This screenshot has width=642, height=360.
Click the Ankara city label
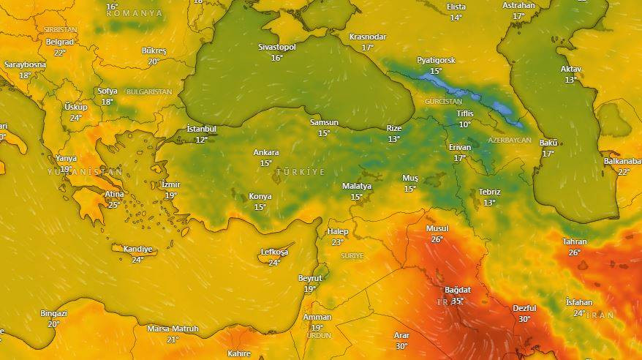pos(265,152)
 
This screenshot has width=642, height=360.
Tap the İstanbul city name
pos(201,129)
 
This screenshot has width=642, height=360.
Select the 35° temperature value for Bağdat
pos(458,301)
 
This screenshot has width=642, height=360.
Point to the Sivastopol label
pos(277,47)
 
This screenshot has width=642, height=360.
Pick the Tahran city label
pos(575,241)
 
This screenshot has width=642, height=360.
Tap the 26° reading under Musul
pos(437,239)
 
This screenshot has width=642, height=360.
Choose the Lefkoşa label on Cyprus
pos(274,252)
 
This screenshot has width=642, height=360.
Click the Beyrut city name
pos(310,278)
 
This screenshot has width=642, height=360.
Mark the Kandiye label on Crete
pos(137,249)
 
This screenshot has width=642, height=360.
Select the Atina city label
pos(114,194)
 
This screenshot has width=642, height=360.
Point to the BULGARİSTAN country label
pos(148,92)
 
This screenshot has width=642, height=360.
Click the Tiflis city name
pos(465,113)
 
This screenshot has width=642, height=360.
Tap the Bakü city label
pos(548,142)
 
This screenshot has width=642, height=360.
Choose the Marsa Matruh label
pos(173,329)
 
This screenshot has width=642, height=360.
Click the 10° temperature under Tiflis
pos(465,124)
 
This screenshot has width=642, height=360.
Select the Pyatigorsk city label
pos(436,60)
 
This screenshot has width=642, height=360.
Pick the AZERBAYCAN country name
pos(509,140)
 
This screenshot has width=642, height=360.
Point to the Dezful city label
pos(524,308)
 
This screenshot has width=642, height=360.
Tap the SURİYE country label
pos(352,255)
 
